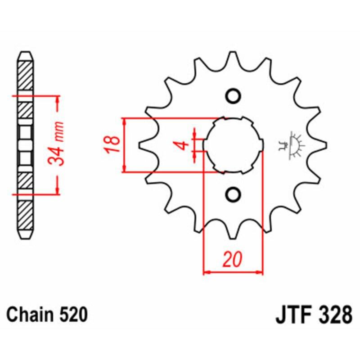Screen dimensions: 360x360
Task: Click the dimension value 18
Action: [113, 144]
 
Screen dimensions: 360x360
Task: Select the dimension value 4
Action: [182, 145]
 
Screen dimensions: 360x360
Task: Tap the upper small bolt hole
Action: [233, 96]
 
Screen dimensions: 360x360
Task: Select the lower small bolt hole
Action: [233, 194]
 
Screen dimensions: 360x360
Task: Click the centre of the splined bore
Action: [233, 145]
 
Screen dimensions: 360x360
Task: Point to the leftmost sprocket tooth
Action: [143, 145]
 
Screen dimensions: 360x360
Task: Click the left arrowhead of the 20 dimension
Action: [207, 272]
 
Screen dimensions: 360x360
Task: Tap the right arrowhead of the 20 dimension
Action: [259, 272]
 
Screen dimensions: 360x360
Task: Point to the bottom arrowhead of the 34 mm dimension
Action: [58, 191]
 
